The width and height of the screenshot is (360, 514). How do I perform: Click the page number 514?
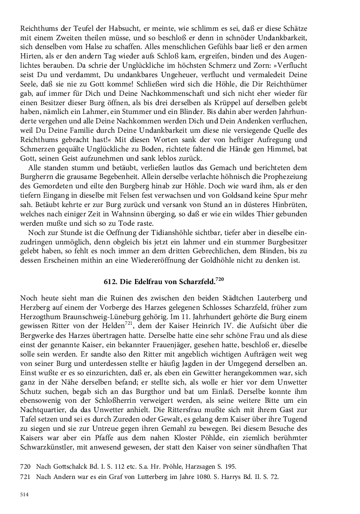[x=25, y=494]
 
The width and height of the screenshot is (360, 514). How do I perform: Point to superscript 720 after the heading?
[x=221, y=278]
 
